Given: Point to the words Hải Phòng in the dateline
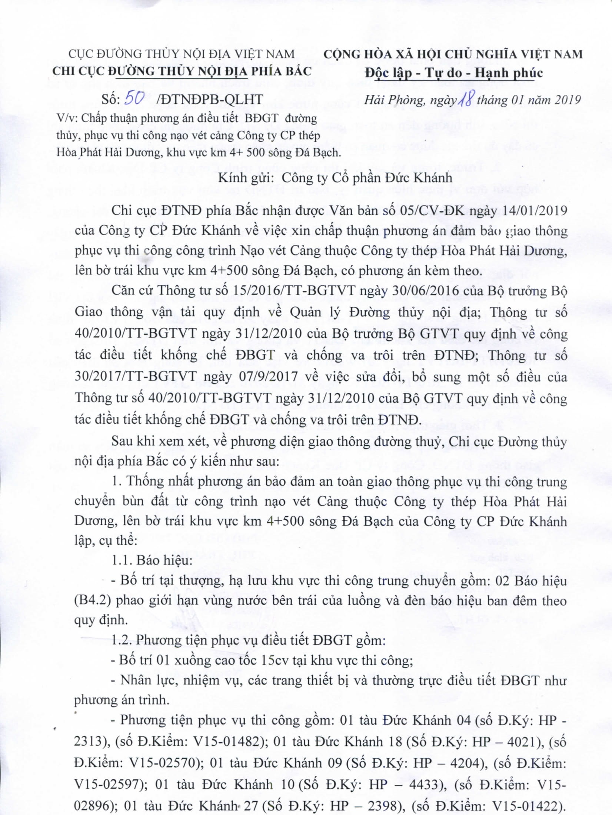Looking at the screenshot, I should coord(389,100).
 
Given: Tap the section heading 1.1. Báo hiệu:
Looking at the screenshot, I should coord(152,560).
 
